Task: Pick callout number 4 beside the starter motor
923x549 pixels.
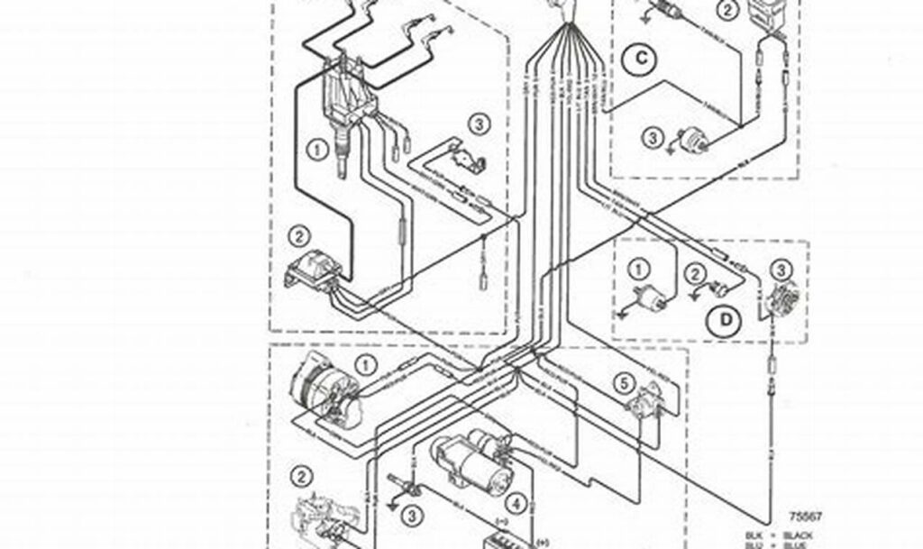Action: coord(516,502)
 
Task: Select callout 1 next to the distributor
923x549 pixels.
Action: coord(316,150)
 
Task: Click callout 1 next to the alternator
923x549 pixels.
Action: coord(366,364)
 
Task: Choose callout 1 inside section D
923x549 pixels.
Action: coord(638,268)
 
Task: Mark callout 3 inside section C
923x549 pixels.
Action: coord(653,138)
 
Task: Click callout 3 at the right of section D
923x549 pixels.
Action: coord(781,268)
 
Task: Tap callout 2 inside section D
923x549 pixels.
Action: coord(694,273)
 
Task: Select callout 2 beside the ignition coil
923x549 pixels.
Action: coord(297,237)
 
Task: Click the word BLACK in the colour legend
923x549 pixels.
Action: coord(799,535)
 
